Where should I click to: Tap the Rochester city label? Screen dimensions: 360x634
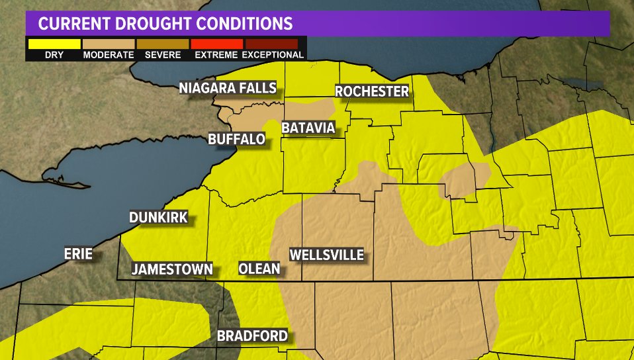[372, 91]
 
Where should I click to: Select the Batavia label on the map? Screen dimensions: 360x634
[308, 127]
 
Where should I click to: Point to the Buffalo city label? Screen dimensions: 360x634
[236, 139]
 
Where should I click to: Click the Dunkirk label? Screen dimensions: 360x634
[159, 217]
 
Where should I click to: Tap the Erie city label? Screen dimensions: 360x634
[77, 253]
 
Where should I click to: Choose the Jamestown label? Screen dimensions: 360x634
[172, 269]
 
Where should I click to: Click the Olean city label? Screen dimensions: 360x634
[259, 269]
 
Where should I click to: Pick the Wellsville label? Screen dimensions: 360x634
[327, 255]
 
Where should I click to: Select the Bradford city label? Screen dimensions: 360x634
[252, 336]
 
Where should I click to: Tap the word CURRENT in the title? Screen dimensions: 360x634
[73, 24]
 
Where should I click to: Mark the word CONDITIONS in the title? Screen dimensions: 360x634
[250, 24]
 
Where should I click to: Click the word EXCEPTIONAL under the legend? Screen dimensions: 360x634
[272, 55]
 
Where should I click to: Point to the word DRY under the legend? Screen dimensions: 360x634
[54, 55]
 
